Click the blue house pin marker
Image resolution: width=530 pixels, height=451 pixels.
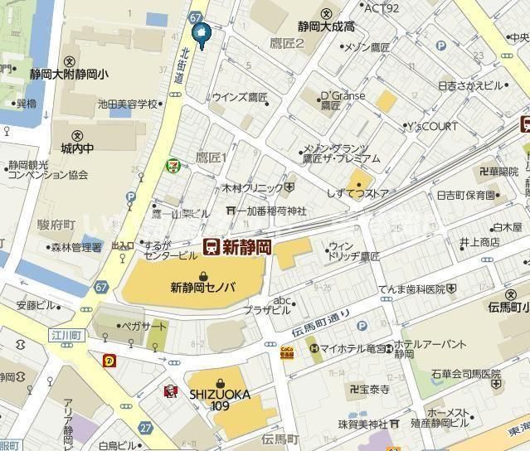click(201, 32)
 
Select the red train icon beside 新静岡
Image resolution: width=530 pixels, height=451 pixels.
click(212, 246)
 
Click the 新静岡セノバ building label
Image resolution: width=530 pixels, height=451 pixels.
click(203, 288)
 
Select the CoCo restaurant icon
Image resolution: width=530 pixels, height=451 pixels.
click(286, 352)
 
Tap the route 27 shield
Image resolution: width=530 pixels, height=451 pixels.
click(146, 428)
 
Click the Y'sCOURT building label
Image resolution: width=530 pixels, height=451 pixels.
click(432, 127)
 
